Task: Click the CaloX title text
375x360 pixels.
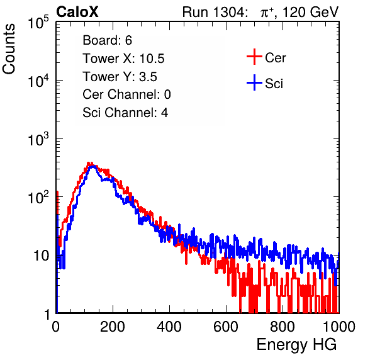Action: point(77,12)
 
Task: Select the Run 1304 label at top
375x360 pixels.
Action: point(214,12)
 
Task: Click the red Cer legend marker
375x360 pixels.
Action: point(254,57)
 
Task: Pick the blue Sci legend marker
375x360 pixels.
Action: point(254,82)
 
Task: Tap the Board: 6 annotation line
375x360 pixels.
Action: point(107,40)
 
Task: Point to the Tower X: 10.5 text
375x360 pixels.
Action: point(123,59)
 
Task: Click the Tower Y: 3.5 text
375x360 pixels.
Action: point(120,77)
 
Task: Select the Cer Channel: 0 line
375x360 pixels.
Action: point(126,94)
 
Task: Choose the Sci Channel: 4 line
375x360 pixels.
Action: point(125,112)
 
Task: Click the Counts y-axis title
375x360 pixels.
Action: point(9,49)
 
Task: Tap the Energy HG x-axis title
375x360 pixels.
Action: point(296,345)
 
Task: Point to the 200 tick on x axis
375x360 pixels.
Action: point(113,327)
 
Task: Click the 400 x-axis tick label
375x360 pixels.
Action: point(169,327)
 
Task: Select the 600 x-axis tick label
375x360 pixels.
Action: point(226,327)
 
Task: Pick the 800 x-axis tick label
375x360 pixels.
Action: point(283,327)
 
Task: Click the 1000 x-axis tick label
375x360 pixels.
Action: point(339,327)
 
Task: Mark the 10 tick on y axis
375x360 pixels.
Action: point(41,256)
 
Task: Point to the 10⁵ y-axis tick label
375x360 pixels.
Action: point(38,22)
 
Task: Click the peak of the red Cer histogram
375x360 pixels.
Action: point(89,163)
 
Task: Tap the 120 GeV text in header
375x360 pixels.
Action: point(310,12)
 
